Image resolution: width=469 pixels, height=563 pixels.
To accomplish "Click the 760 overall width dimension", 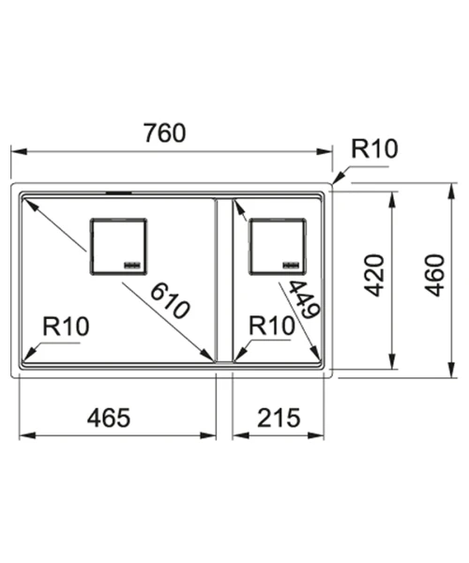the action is coord(165,133).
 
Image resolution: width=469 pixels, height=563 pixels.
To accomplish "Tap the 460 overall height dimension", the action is coord(434,275).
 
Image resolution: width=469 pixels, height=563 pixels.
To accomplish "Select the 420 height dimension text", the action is coord(374,275).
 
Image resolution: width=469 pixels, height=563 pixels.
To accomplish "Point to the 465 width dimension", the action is coord(109,418).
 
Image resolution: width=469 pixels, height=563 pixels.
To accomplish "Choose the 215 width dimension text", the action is coord(279,418).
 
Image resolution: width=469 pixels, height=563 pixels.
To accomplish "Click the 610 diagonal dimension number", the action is coord(170,301).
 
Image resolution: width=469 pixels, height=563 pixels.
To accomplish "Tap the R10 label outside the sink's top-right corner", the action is coord(374,148).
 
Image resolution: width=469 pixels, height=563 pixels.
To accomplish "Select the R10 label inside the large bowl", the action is coord(66,326).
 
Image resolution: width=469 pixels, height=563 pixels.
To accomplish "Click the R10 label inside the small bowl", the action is coord(272,326).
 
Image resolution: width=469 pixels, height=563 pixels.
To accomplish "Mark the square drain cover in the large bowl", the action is coord(118,247).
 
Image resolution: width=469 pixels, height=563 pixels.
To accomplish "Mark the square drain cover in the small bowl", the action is coord(278,247).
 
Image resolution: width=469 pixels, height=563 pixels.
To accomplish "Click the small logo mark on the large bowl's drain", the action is coord(131,265).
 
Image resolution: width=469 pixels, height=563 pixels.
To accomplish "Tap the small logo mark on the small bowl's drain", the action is coord(291,265).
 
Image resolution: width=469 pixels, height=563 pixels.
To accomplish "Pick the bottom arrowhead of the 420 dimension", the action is coord(393,361).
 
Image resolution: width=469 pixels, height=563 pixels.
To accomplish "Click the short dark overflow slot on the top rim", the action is coord(119,192).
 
